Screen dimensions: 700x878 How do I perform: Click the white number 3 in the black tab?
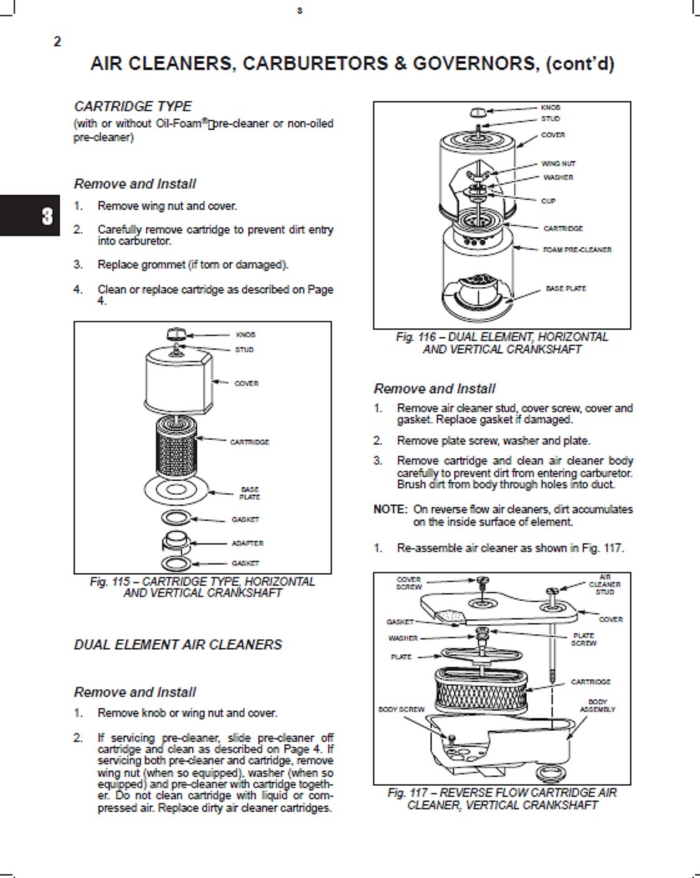47,216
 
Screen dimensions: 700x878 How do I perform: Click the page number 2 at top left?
57,42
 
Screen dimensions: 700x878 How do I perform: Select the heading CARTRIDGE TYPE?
132,107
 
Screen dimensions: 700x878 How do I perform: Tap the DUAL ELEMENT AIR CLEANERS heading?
178,644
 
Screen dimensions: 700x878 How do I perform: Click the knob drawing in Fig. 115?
176,334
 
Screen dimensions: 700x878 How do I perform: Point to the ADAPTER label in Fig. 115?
248,543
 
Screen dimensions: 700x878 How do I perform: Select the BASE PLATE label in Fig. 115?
250,493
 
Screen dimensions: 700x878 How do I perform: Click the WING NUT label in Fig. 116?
558,164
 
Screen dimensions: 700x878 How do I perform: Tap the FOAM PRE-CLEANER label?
577,250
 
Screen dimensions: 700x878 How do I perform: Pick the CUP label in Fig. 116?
548,201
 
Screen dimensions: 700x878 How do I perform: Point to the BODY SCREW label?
402,709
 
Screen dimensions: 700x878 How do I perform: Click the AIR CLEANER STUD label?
605,585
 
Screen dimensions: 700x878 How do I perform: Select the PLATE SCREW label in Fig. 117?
583,639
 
